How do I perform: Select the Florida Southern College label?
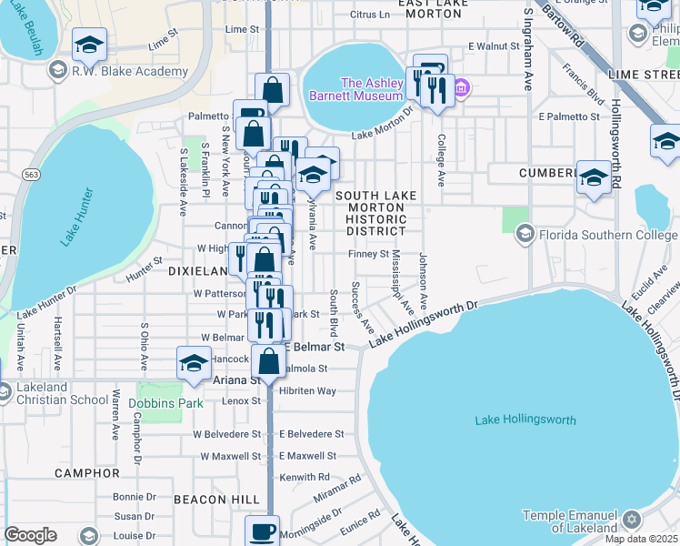[x=605, y=235]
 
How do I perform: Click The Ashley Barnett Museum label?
[x=371, y=88]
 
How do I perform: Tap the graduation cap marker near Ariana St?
[x=194, y=365]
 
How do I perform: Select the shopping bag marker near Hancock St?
[x=269, y=362]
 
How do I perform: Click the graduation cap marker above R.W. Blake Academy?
[x=89, y=44]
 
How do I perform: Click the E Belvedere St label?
[x=311, y=434]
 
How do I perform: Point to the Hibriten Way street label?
[x=307, y=390]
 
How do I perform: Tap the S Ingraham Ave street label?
[x=527, y=51]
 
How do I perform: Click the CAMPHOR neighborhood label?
[x=87, y=473]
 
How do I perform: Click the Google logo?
[x=30, y=534]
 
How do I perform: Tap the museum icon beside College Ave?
[x=462, y=88]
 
